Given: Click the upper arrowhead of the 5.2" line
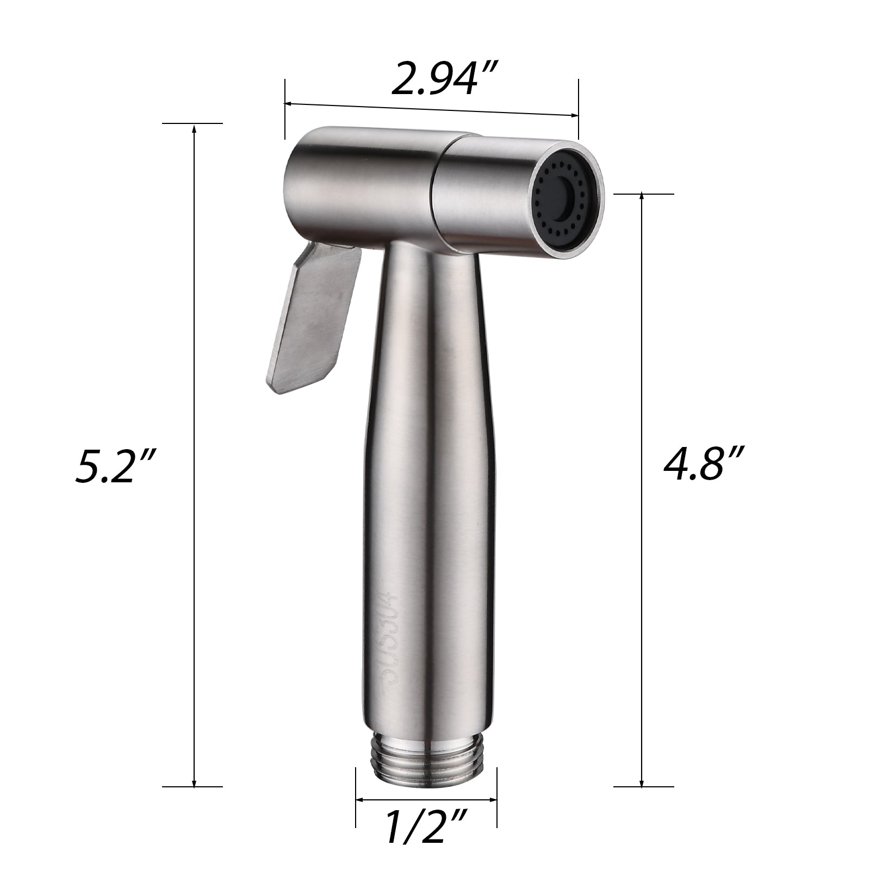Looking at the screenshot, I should click(194, 129).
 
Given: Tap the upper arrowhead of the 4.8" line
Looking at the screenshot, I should click(642, 197).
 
